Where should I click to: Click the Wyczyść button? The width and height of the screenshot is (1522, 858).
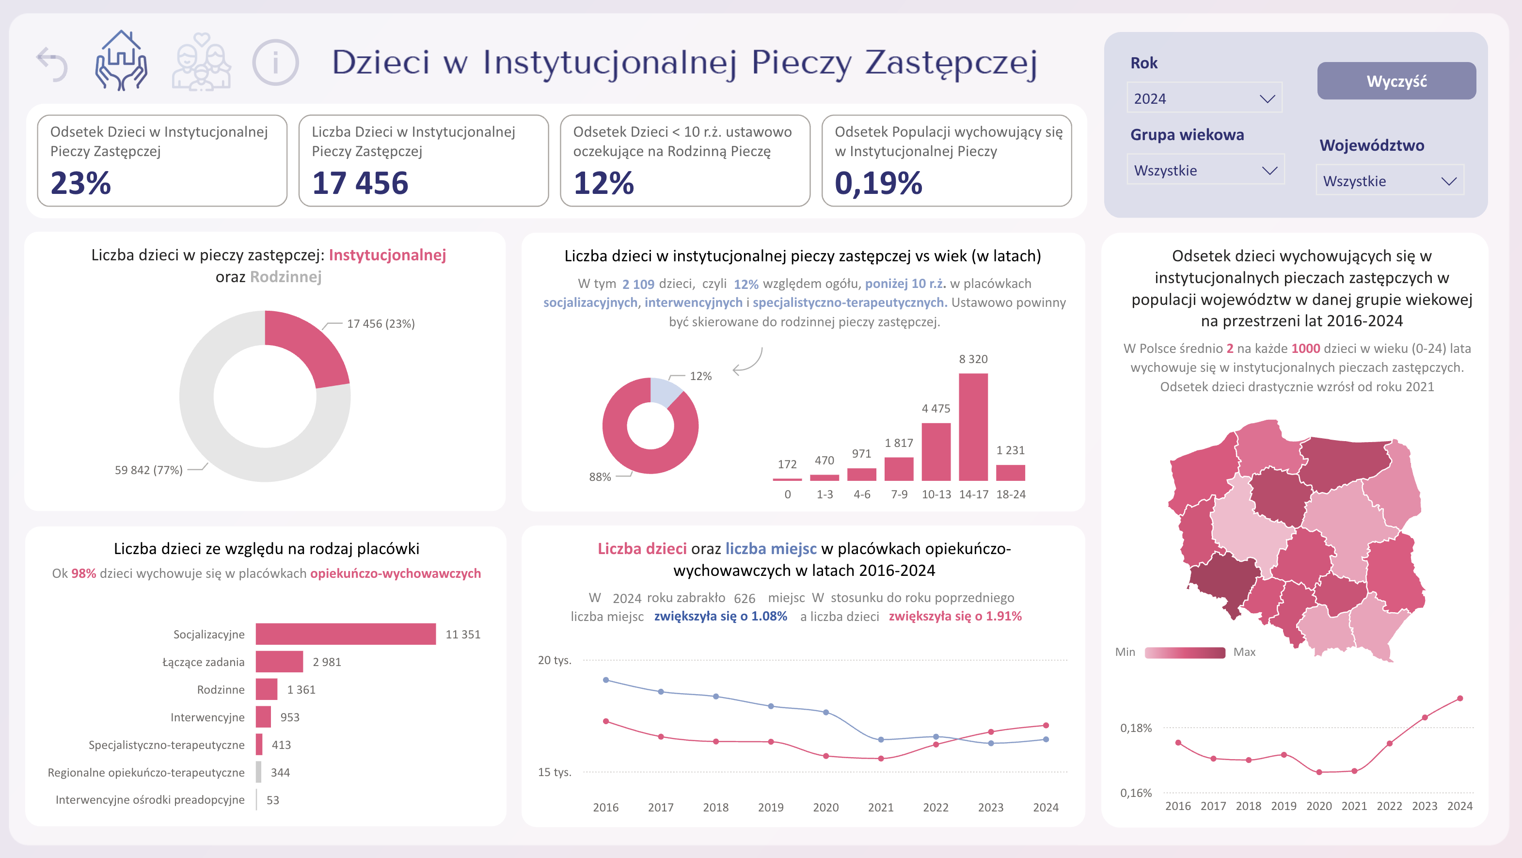(x=1396, y=81)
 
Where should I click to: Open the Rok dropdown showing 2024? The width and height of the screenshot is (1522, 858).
(x=1204, y=98)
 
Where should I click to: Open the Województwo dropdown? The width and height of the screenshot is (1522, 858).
(x=1390, y=181)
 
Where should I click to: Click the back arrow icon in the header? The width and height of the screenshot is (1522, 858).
(x=52, y=64)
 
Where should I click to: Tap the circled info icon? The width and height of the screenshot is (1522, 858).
(x=275, y=63)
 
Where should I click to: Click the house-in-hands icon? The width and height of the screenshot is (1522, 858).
(x=121, y=61)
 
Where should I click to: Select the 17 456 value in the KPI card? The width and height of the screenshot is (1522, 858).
(x=360, y=183)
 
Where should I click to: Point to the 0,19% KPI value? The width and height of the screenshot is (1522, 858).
(x=878, y=183)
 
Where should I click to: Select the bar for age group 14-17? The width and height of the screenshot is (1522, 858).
(x=973, y=427)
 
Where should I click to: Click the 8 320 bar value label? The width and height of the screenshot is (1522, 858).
(x=973, y=359)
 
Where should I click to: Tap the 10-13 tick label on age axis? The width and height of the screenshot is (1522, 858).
(x=936, y=494)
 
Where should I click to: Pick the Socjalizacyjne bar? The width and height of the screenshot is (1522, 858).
(x=346, y=634)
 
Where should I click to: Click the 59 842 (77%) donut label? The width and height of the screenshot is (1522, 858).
(x=148, y=470)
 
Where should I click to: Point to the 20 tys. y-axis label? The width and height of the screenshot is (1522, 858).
(x=554, y=660)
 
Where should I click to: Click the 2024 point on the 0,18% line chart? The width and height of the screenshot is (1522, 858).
(x=1459, y=699)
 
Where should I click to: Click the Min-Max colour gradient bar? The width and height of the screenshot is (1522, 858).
(x=1185, y=652)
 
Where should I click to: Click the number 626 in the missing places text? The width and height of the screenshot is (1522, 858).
(x=745, y=598)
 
